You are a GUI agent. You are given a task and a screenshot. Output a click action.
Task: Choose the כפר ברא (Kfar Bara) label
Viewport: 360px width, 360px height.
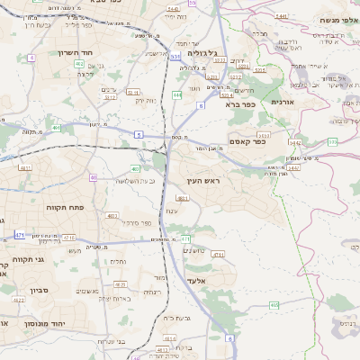coord(240,103)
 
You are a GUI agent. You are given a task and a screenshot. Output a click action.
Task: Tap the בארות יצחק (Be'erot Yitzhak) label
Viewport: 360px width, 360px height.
coord(117,298)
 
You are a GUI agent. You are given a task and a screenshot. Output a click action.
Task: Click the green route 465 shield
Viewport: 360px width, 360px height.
coord(274,304)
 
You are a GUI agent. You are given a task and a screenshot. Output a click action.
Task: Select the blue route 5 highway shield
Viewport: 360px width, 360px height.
coord(139,133)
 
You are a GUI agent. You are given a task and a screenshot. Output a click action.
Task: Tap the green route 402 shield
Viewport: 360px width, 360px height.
coord(79,64)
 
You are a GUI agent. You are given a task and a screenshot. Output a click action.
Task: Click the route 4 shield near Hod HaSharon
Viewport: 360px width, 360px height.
coord(32,57)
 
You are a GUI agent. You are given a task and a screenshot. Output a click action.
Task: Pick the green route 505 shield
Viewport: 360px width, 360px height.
coord(332,141)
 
